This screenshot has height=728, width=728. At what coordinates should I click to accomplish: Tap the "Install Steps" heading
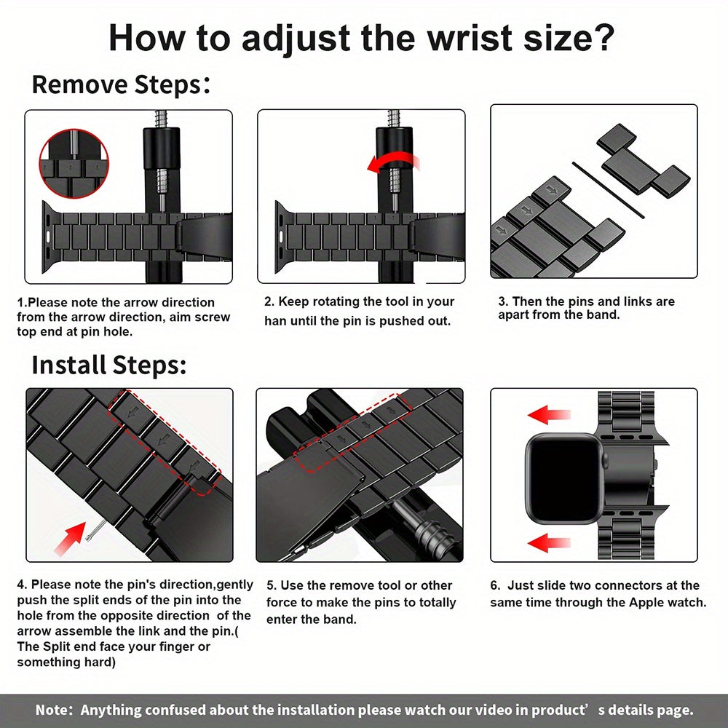click(109, 364)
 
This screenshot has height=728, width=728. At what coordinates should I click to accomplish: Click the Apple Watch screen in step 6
click(562, 478)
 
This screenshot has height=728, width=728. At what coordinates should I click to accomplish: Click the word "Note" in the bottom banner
click(52, 710)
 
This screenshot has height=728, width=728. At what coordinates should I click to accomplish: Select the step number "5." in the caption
click(272, 585)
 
